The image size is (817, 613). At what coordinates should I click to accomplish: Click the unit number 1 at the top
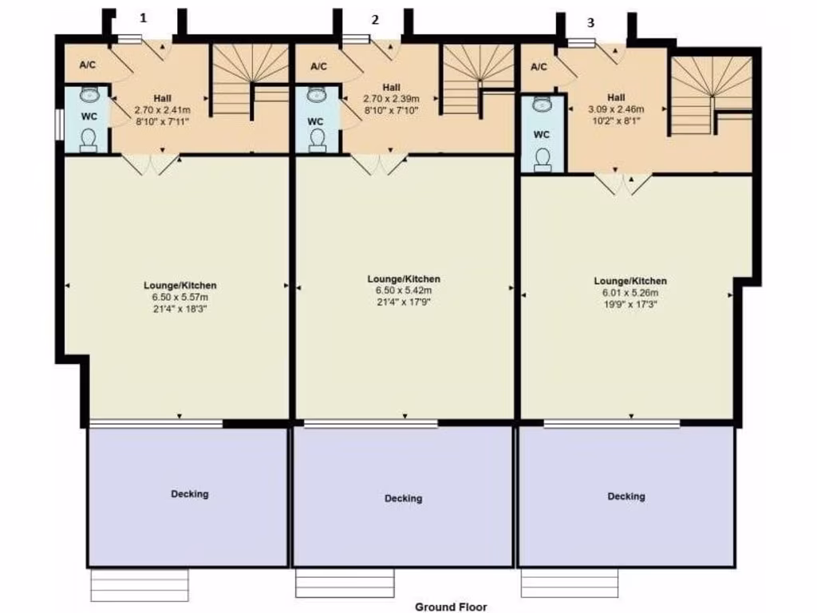[144, 18]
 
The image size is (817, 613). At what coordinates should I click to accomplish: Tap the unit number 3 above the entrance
[590, 23]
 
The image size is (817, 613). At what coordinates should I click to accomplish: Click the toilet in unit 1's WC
[88, 140]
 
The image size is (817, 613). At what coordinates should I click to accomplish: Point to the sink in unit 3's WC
[543, 105]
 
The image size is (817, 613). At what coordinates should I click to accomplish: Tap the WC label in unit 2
[316, 121]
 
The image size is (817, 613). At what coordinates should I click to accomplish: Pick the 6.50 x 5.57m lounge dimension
[180, 296]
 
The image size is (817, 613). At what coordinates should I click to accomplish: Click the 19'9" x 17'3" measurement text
[630, 304]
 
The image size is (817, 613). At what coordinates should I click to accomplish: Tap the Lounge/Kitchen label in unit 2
[404, 279]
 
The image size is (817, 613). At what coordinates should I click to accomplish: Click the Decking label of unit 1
[190, 494]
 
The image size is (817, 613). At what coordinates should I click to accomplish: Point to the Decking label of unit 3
[626, 496]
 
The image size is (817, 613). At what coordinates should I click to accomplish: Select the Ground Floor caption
[451, 607]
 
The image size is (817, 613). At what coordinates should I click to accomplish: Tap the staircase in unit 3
[709, 94]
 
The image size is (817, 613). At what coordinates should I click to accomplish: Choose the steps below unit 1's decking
[140, 585]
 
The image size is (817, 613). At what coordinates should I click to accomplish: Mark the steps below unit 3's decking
[570, 583]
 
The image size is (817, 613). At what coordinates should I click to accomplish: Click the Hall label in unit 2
[391, 87]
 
